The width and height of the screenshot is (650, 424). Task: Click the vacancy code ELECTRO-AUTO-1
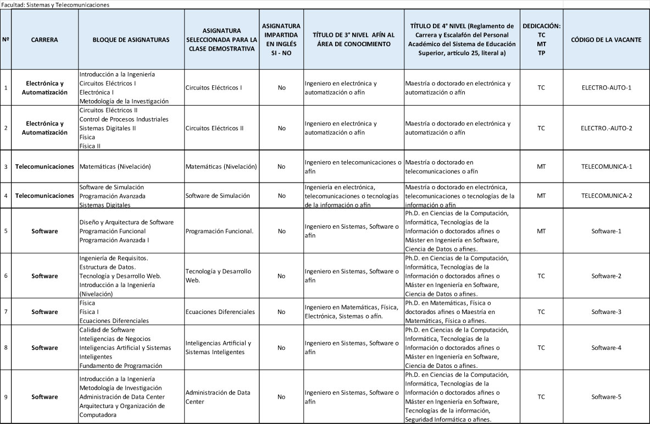[606, 87]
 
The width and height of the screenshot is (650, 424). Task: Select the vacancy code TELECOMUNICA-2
[606, 195]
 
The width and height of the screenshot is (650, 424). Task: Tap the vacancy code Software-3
[606, 312]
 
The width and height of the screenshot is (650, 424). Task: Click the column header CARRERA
[45, 40]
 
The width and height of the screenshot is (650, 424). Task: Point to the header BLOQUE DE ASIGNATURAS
[131, 40]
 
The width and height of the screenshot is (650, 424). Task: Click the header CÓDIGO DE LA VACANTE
[606, 40]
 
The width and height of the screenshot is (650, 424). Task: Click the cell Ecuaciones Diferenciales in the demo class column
[220, 312]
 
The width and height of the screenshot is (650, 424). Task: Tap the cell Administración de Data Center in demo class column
[218, 397]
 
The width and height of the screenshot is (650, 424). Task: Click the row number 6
[5, 276]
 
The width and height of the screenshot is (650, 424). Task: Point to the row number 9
[5, 397]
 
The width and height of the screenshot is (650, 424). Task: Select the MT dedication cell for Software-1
[541, 231]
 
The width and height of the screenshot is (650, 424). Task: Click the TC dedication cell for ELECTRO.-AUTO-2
[541, 128]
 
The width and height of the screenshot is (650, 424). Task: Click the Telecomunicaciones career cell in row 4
[45, 195]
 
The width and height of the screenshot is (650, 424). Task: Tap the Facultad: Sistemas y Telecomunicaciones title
[56, 4]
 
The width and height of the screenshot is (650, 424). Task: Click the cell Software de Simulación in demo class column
[218, 195]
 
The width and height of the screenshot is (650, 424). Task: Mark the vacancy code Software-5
[606, 397]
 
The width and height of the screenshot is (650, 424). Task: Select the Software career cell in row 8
[45, 348]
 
